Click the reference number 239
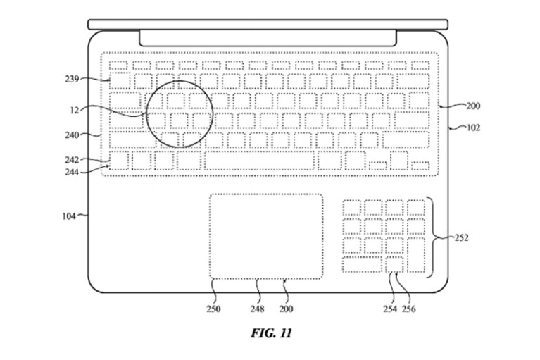click(72, 79)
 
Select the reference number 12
click(75, 110)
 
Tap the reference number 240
click(72, 135)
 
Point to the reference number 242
click(72, 160)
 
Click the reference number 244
click(72, 172)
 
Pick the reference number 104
click(69, 216)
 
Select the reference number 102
click(473, 128)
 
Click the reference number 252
click(461, 237)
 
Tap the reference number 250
click(213, 309)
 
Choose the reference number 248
click(258, 309)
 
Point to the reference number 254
click(390, 309)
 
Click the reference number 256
click(409, 309)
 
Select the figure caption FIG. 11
click(272, 333)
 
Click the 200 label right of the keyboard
click(473, 106)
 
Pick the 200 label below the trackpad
click(286, 309)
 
